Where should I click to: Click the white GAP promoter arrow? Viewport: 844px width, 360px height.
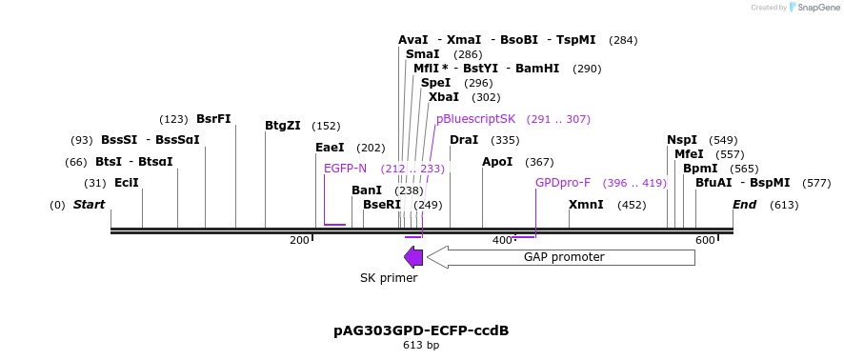click(x=562, y=257)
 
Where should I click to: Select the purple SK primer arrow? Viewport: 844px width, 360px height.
click(x=413, y=257)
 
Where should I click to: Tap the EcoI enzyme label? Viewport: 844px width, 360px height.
click(x=126, y=183)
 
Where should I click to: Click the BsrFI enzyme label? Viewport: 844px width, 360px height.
click(x=213, y=119)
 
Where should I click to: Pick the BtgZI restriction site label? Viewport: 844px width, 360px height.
click(x=282, y=126)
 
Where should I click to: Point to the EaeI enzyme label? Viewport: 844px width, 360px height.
click(x=330, y=148)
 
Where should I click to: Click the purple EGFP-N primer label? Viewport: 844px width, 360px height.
click(x=345, y=169)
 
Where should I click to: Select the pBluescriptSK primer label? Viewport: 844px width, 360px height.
click(x=475, y=119)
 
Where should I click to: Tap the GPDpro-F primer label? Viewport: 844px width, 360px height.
click(x=562, y=183)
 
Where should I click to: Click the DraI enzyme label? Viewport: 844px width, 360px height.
click(x=464, y=140)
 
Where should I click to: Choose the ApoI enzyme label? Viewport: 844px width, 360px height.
click(x=497, y=162)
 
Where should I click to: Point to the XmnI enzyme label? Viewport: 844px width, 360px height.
click(x=586, y=205)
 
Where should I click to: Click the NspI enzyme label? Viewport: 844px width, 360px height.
click(x=682, y=140)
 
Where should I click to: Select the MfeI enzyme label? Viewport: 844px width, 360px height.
click(x=689, y=154)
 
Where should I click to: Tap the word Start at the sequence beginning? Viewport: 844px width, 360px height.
click(x=89, y=205)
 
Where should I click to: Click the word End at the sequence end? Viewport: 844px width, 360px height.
click(x=744, y=205)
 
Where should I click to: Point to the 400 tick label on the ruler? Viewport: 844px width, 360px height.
click(x=502, y=240)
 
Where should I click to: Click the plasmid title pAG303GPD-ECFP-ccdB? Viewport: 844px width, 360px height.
click(x=421, y=330)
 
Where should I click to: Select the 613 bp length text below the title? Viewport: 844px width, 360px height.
click(x=421, y=346)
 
